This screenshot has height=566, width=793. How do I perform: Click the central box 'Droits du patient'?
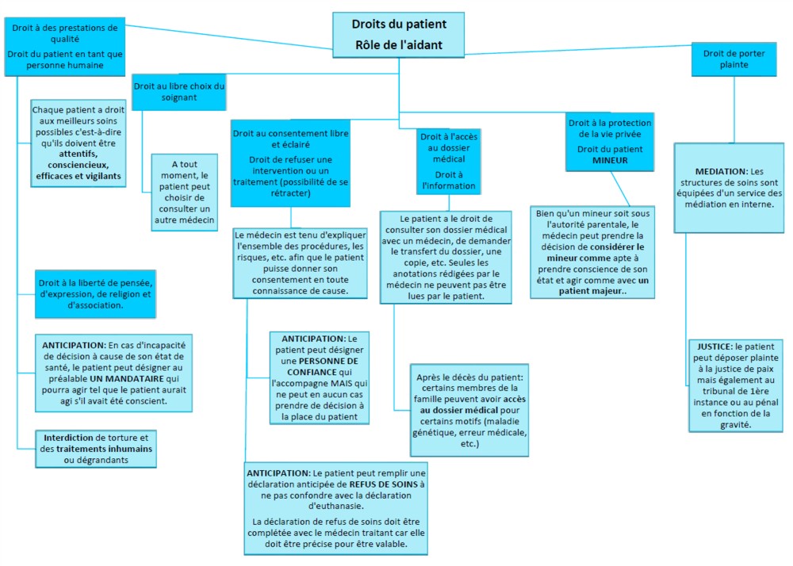(x=399, y=35)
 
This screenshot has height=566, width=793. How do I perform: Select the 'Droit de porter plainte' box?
(x=734, y=59)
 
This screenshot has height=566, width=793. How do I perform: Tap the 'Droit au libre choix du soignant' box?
(x=179, y=92)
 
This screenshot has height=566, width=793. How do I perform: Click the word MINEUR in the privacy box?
(x=610, y=160)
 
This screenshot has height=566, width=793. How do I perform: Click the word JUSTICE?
(x=714, y=346)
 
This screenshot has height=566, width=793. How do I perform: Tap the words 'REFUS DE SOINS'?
(x=383, y=484)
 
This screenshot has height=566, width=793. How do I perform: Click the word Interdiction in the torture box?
(x=68, y=438)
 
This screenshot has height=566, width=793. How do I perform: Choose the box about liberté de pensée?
(x=95, y=294)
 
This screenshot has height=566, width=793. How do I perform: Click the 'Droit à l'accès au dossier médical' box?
(x=449, y=161)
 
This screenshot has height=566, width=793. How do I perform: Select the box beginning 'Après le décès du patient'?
(x=469, y=411)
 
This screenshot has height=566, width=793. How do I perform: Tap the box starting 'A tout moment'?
(x=185, y=192)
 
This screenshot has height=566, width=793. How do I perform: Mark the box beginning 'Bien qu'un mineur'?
(x=592, y=252)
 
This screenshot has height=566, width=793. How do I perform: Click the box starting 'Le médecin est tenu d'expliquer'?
(x=300, y=263)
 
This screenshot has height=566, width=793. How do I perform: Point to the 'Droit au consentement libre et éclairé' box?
(x=290, y=163)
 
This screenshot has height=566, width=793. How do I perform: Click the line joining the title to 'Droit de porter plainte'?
(x=578, y=49)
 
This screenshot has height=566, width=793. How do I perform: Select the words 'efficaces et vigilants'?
(x=79, y=176)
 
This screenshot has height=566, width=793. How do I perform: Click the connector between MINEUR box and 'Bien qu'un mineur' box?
(x=620, y=189)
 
